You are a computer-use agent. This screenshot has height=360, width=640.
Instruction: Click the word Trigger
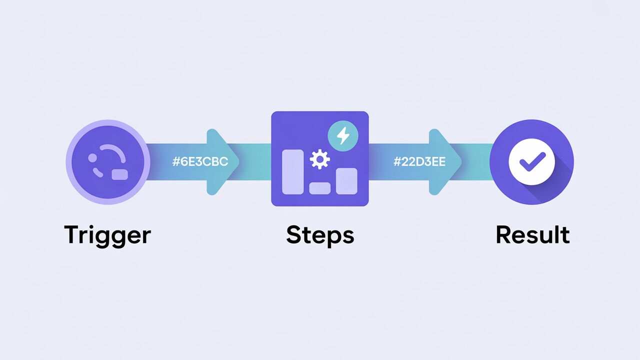[107, 235]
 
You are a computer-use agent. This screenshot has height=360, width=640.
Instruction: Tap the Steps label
[320, 235]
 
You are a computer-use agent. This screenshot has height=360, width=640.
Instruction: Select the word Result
[532, 235]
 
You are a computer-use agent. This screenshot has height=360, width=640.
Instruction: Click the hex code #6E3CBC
[200, 162]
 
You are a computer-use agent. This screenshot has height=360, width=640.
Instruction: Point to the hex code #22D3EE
[420, 162]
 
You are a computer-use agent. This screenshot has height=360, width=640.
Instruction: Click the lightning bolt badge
[342, 135]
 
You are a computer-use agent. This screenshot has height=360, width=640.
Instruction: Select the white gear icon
[319, 160]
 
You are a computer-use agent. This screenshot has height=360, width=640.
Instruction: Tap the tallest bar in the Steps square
[292, 171]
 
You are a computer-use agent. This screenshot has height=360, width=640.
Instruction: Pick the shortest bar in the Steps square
[319, 188]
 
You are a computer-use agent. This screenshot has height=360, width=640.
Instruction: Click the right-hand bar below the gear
[346, 180]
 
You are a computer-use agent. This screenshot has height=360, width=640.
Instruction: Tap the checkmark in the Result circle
[531, 162]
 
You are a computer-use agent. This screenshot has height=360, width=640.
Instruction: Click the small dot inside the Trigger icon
[92, 158]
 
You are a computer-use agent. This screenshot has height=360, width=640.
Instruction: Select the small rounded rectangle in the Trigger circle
[120, 174]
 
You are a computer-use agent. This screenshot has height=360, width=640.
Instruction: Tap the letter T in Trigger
[72, 234]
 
